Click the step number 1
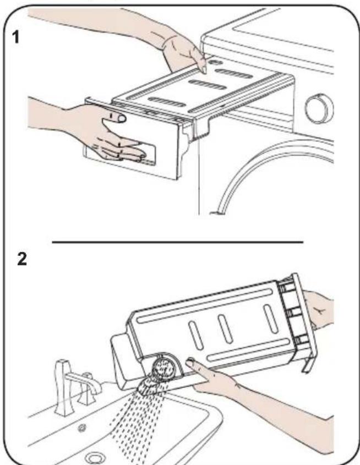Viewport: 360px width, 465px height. click(16, 37)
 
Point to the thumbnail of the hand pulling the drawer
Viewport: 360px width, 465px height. click(122, 119)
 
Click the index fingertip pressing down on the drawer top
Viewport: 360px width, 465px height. click(204, 69)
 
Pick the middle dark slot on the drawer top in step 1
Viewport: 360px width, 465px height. click(208, 85)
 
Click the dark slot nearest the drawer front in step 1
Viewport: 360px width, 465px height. click(167, 102)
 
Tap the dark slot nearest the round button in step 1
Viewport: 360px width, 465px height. click(234, 74)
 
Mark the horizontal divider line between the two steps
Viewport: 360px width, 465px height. click(178, 242)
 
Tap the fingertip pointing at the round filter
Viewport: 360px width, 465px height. click(190, 363)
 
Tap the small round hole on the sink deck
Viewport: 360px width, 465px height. click(82, 428)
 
